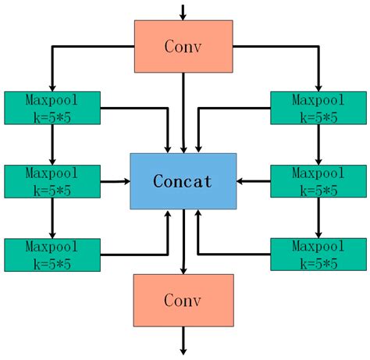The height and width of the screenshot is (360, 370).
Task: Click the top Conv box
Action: coord(183,46)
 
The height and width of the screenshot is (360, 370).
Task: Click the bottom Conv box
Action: coord(183,300)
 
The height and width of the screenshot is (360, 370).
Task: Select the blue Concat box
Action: coord(183,181)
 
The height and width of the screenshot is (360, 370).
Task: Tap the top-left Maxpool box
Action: coord(52,108)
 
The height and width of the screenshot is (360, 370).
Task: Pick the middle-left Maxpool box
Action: coord(52,181)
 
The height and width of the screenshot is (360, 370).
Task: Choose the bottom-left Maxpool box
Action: coord(52,255)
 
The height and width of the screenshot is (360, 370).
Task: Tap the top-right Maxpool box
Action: coord(318,108)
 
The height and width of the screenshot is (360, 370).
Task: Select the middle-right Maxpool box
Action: coord(318,181)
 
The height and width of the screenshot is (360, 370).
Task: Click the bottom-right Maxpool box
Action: coord(318,255)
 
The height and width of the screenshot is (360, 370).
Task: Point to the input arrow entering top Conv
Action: coord(183,12)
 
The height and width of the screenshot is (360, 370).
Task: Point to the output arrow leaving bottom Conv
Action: coord(183,340)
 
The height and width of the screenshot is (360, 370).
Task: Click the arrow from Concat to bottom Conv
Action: coord(183,241)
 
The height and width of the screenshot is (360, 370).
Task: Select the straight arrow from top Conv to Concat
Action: coord(183,112)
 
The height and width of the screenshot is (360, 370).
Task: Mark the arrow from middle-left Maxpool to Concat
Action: coord(116,181)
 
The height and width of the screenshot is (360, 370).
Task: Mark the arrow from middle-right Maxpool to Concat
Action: coord(254,181)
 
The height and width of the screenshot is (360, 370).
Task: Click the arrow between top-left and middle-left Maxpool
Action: coord(52,144)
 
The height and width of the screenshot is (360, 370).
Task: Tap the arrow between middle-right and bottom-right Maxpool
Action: coord(318,218)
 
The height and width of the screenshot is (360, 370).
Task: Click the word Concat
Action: coord(183,181)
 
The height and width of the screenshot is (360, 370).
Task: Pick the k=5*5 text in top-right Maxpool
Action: coord(318,117)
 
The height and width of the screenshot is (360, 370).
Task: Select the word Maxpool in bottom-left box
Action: coord(52,246)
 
